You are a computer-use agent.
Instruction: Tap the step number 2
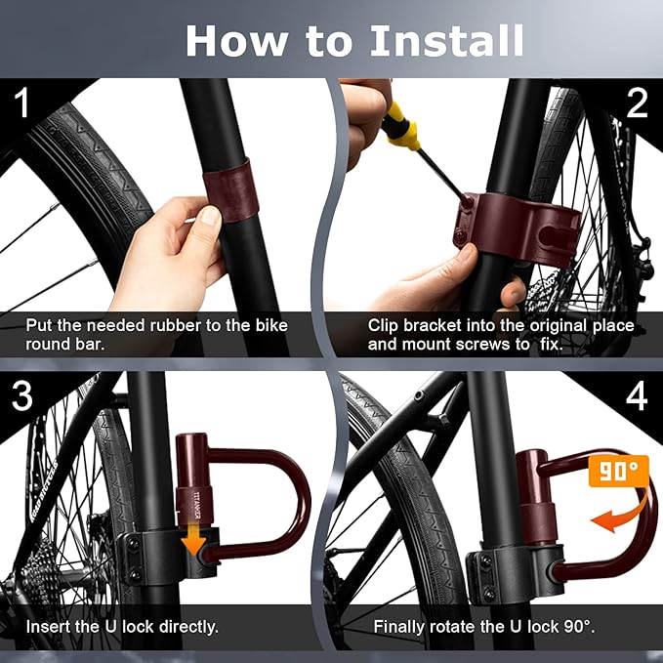[x=637, y=103]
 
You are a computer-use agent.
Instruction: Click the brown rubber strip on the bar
[x=230, y=187]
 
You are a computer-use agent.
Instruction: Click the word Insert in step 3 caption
[x=49, y=626]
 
